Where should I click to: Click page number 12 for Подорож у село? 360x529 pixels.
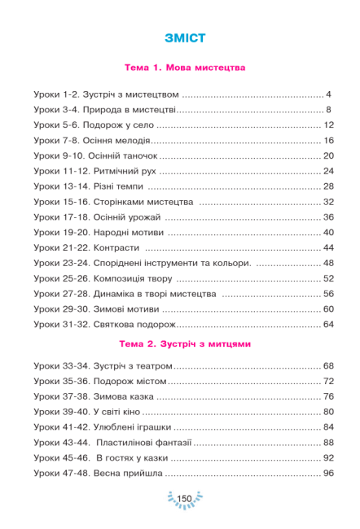pos(329,125)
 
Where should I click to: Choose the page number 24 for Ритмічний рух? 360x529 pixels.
pos(329,171)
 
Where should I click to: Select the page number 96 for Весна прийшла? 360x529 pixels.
pos(329,474)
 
